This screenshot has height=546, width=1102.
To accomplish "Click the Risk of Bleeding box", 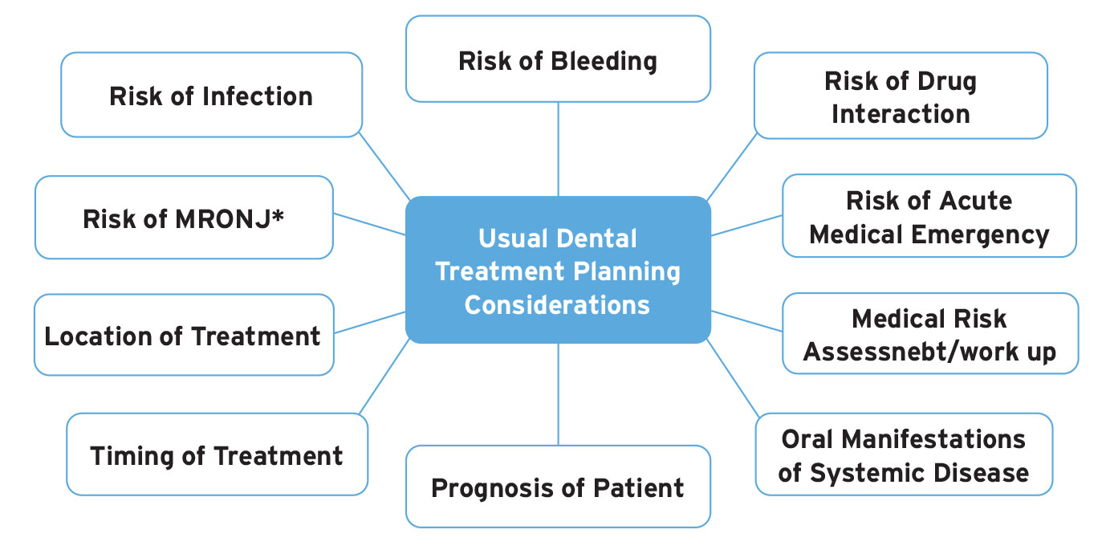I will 558,60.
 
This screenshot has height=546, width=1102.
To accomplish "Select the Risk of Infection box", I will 211,96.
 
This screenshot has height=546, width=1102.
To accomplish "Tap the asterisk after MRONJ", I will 279,215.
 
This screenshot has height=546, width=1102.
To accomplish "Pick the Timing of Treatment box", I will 217,455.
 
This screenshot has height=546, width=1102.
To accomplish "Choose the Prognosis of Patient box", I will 558,487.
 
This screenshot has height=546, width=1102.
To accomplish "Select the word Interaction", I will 901,114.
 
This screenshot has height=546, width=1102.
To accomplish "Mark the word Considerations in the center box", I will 557,305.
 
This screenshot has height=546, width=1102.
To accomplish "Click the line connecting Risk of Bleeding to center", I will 558,149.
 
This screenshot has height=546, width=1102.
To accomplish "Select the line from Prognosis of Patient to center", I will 558,393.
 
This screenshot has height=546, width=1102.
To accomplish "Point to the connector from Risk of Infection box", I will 384,166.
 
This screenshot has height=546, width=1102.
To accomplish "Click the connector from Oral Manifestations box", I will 732,377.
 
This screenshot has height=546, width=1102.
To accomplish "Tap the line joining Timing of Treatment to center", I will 385,377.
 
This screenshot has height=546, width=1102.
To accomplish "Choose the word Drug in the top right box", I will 947,81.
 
